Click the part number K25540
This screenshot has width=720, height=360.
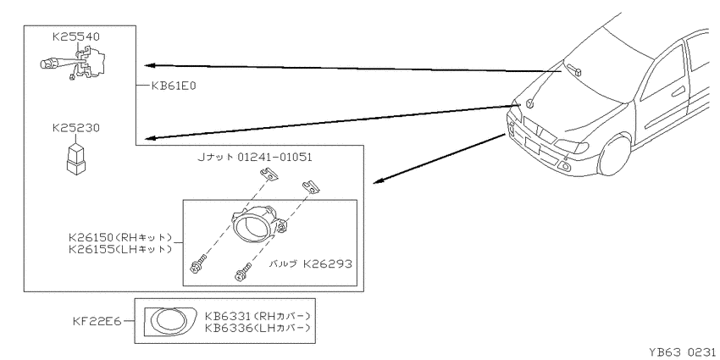(76, 37)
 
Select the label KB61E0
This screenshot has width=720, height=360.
(174, 86)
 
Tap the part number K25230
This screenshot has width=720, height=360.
(75, 128)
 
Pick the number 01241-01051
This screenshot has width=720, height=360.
(275, 157)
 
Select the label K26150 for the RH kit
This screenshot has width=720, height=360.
(120, 238)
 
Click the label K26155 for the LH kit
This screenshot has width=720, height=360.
(120, 250)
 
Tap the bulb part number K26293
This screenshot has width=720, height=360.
(328, 264)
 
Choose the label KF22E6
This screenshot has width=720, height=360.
(97, 321)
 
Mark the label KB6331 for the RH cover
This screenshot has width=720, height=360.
(258, 317)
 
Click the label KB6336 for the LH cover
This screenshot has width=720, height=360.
(258, 328)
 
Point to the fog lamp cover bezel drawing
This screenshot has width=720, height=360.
(171, 320)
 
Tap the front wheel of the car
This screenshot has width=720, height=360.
(616, 155)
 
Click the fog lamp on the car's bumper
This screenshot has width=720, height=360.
(564, 166)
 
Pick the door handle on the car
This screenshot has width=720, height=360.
(678, 91)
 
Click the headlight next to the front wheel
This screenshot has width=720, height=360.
(572, 146)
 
